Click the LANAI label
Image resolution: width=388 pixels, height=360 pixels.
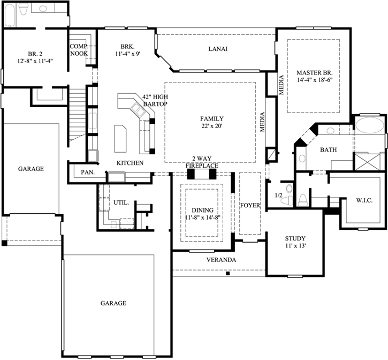pos(218,49)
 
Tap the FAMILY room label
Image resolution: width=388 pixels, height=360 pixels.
pos(212,119)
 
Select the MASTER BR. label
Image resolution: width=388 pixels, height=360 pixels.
pos(315,73)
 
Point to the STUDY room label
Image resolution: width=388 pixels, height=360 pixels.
pos(295,238)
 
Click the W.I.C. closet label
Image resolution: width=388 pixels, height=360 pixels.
pos(364,200)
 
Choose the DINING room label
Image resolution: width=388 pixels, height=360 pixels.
pos(203,211)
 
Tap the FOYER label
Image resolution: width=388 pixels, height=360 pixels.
pos(250,205)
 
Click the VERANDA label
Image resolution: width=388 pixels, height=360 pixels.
pos(221,260)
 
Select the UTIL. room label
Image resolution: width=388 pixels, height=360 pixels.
pos(121,202)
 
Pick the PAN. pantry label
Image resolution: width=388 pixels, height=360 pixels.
pos(88,172)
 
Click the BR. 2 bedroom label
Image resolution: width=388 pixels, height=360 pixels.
pos(35,54)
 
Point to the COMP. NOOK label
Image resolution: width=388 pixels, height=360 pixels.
pos(79,50)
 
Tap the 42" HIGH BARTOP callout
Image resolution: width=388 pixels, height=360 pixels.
pos(155,100)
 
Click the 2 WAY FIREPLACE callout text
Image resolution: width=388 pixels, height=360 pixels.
pos(202,162)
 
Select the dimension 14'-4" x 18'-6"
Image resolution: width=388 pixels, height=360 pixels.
pos(315,80)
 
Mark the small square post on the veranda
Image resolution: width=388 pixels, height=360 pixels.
pos(228,274)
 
